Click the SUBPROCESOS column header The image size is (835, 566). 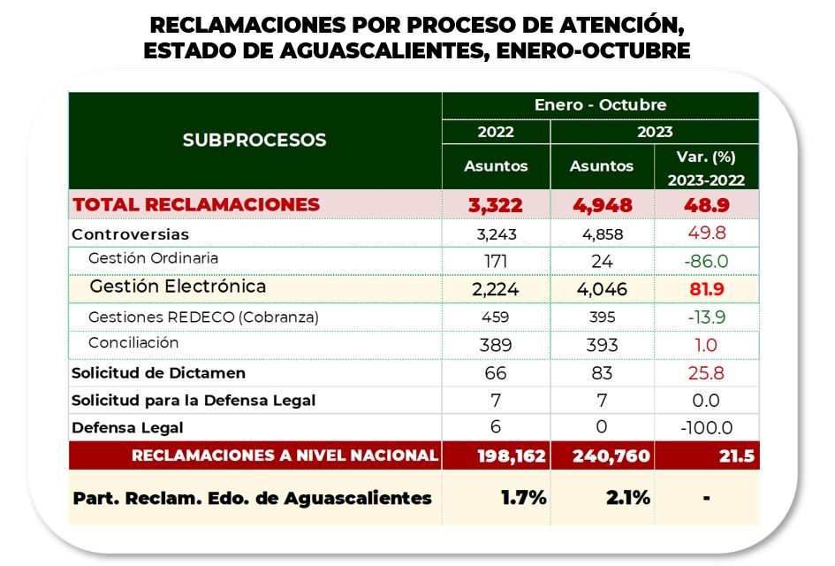click(254, 140)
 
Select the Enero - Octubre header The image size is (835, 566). click(600, 104)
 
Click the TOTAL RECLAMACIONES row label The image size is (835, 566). click(196, 204)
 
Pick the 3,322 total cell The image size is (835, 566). click(496, 205)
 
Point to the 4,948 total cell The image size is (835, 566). click(601, 205)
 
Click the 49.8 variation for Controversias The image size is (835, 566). click(706, 234)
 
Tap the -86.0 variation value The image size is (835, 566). click(706, 261)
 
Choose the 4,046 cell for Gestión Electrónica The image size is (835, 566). click(601, 287)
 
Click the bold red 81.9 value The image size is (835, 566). click(706, 287)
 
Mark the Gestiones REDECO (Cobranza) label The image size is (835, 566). click(203, 317)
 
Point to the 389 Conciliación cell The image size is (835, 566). click(496, 345)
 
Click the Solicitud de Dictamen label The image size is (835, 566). click(158, 373)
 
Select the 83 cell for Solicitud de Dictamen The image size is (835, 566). click(601, 373)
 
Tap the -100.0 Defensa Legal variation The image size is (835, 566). click(706, 428)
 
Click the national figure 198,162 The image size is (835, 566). click(496, 456)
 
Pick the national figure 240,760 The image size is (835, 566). click(601, 456)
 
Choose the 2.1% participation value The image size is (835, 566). click(627, 497)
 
